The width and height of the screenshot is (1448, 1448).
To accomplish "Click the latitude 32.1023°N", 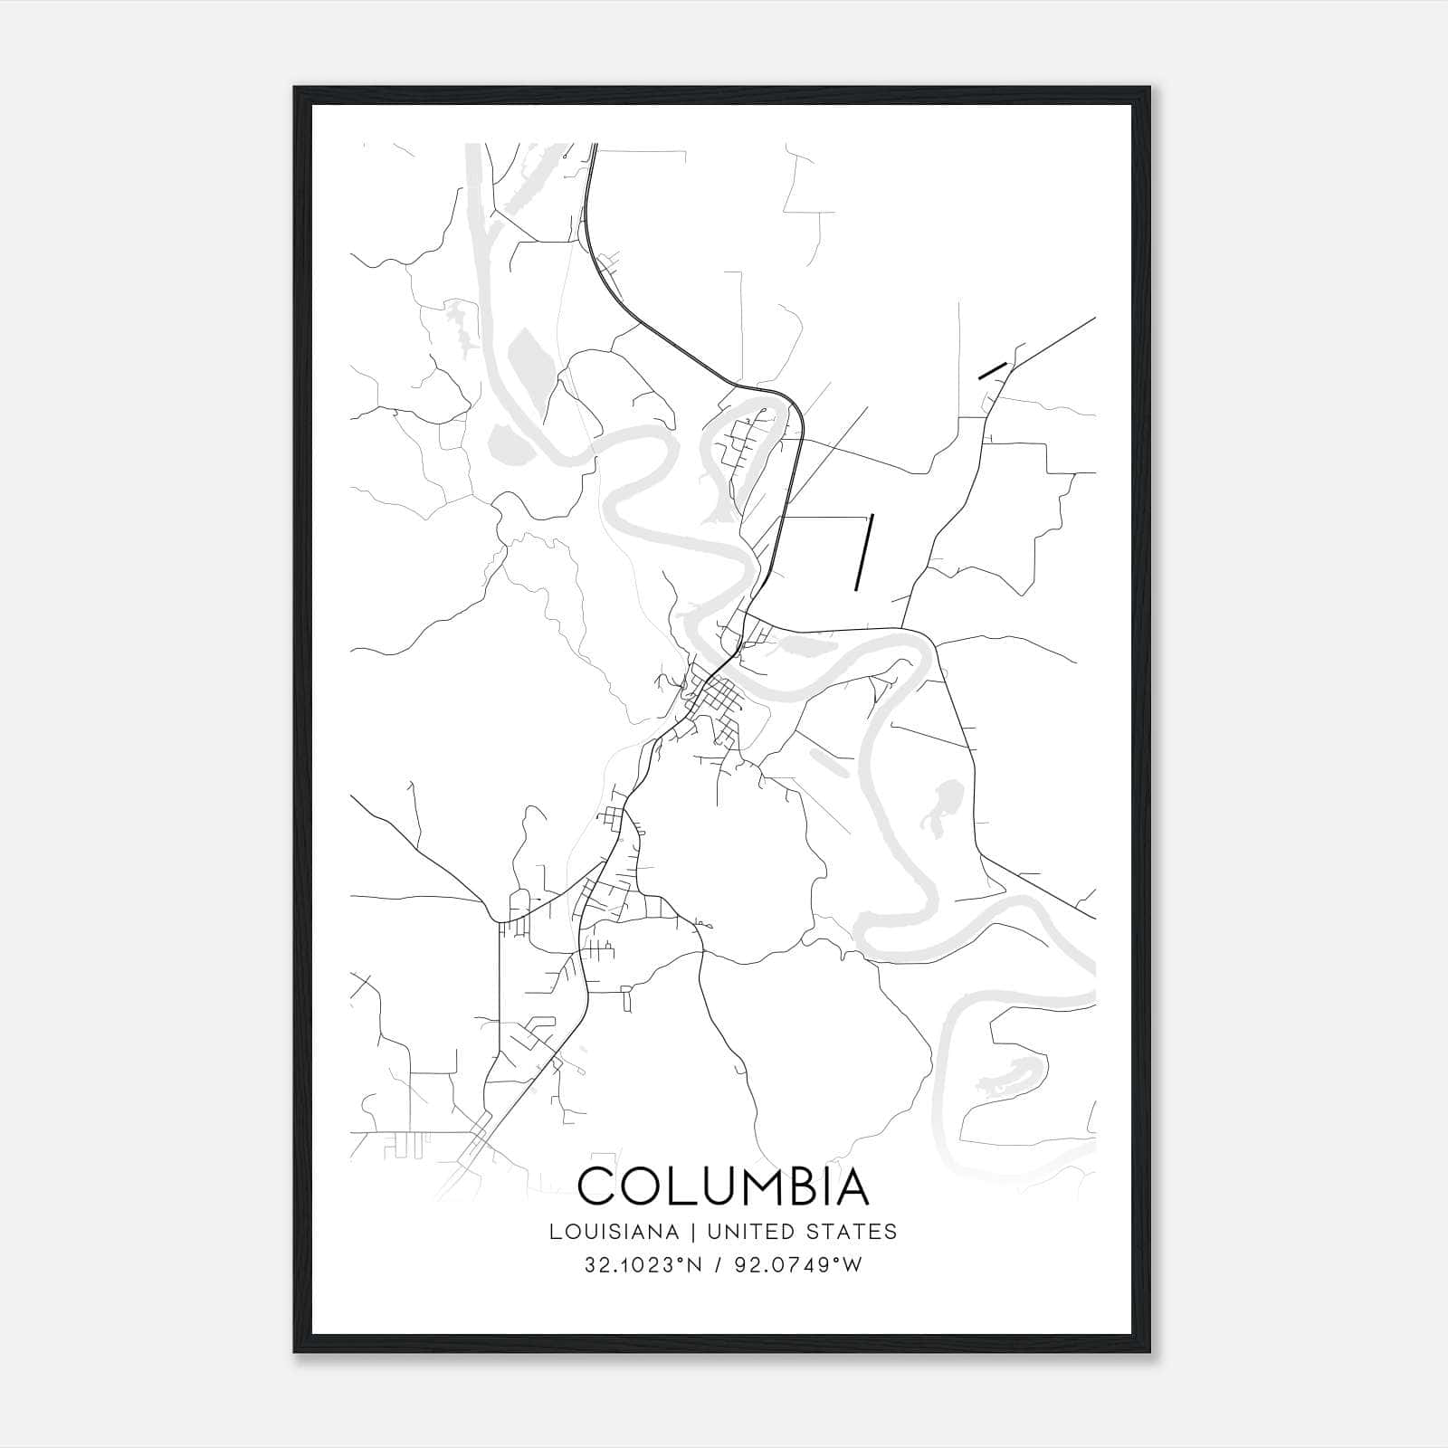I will tap(643, 1265).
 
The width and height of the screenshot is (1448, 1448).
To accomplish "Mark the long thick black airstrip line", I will tap(863, 552).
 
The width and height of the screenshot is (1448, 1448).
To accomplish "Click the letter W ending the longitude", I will tap(853, 1265).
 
